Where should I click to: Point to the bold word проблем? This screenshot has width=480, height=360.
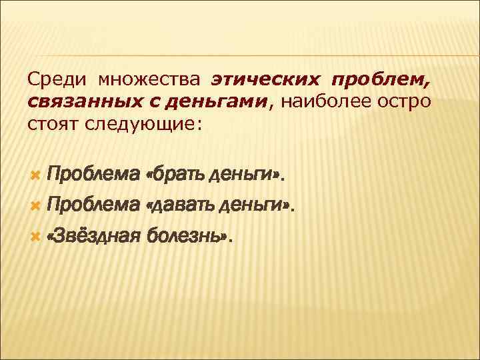(x=385, y=81)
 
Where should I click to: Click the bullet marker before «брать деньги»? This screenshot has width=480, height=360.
(x=35, y=174)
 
